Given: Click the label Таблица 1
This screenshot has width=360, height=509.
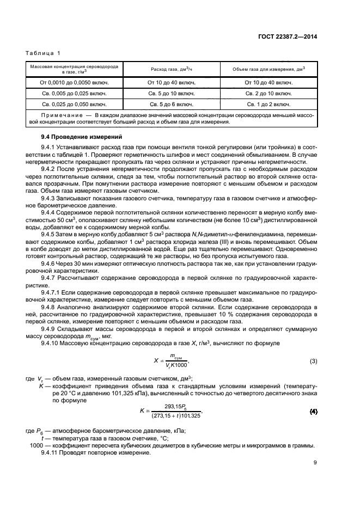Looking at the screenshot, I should click(43, 53).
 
